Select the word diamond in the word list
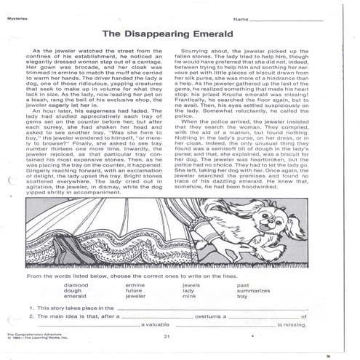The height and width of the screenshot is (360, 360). click(x=76, y=285)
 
